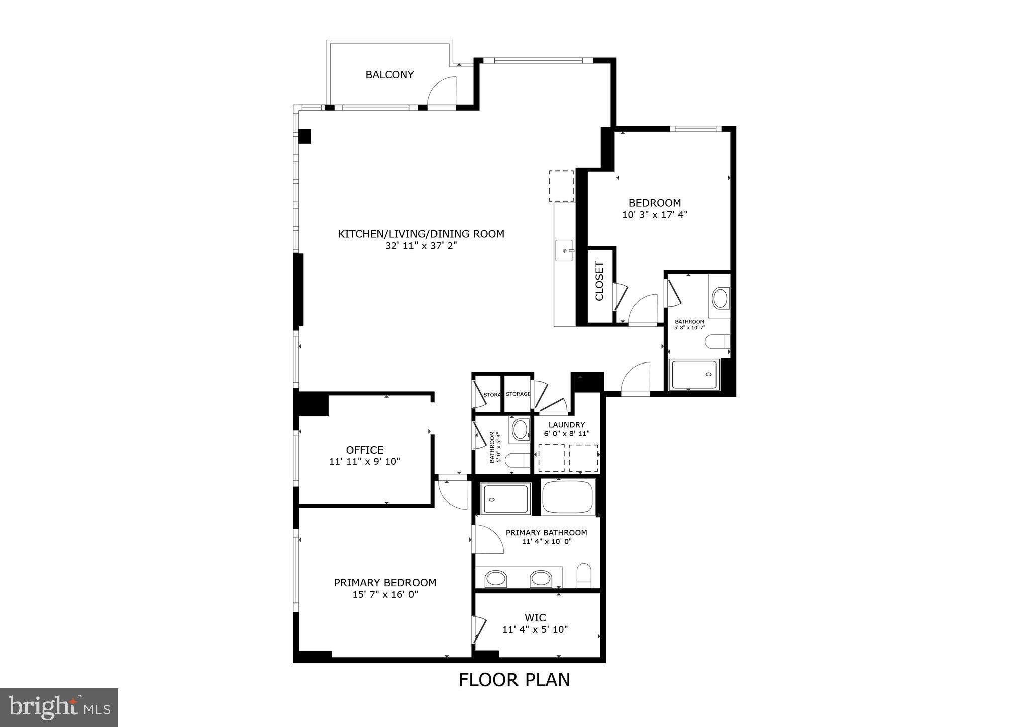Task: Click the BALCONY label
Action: pyautogui.click(x=389, y=75)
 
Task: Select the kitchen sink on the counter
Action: pyautogui.click(x=565, y=251)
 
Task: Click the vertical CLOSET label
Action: pyautogui.click(x=599, y=281)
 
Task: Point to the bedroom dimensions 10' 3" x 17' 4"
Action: pyautogui.click(x=654, y=215)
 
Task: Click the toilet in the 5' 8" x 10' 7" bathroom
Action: pyautogui.click(x=717, y=342)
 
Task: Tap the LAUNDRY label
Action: pyautogui.click(x=566, y=425)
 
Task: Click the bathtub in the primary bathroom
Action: pyautogui.click(x=568, y=496)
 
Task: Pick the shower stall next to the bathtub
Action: pyautogui.click(x=505, y=499)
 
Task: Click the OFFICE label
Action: pyautogui.click(x=364, y=450)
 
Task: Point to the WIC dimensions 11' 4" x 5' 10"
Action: pyautogui.click(x=535, y=629)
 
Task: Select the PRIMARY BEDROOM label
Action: pyautogui.click(x=385, y=583)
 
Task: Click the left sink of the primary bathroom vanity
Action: pyautogui.click(x=496, y=579)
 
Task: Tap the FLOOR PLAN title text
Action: pyautogui.click(x=514, y=680)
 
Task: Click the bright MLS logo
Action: pyautogui.click(x=59, y=707)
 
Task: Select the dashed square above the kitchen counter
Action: pyautogui.click(x=561, y=186)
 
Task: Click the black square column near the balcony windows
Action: pyautogui.click(x=304, y=136)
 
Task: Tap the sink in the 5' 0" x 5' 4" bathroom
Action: pyautogui.click(x=520, y=430)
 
